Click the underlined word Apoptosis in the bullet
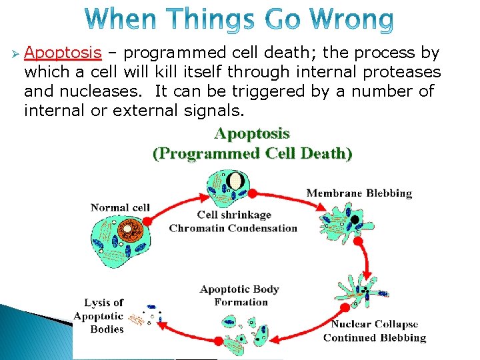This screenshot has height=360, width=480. pos(63,53)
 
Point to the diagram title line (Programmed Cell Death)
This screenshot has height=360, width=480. pos(252,154)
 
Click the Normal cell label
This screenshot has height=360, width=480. pos(120,208)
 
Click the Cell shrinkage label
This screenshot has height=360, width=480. pos(234,215)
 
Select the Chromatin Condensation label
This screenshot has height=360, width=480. pos(233,228)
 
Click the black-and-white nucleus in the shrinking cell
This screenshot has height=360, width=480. pos(235,181)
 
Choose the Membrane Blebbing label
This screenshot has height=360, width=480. pos(359,194)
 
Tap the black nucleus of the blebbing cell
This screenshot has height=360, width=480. pos(355,219)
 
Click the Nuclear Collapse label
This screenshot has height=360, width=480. pos(375,325)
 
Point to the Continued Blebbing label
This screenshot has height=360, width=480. pos(374,338)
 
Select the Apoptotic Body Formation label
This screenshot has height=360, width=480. pos(239,295)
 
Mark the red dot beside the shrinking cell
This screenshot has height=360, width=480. pos(252,193)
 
